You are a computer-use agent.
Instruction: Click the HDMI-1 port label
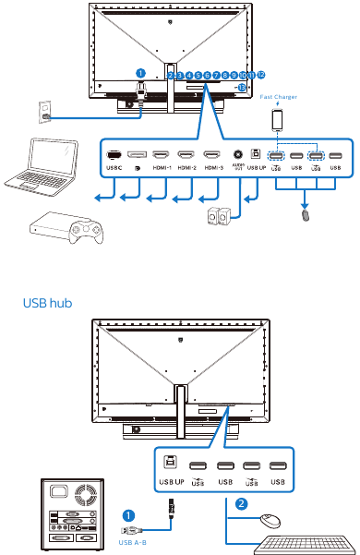click(162, 168)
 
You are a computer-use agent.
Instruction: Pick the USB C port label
click(114, 168)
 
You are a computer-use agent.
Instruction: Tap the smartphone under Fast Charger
click(278, 120)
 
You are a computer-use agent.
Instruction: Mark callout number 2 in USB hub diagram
click(241, 504)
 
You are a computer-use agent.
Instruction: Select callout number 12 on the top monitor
click(261, 74)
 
